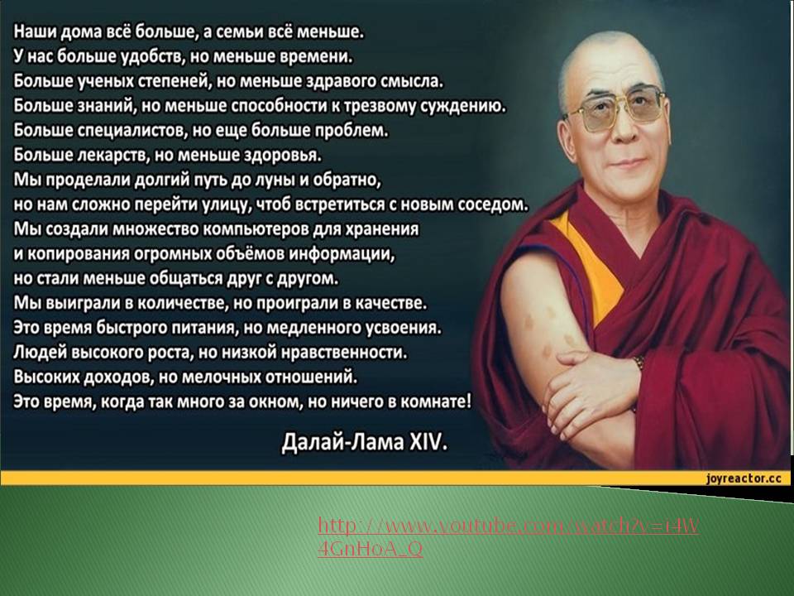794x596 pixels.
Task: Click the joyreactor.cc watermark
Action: pos(744,478)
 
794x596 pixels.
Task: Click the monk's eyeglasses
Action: pos(615,110)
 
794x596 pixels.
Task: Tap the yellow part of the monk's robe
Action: pos(592,263)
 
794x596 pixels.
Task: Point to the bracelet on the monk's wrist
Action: pos(640,363)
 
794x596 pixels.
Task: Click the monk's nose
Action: pos(626,129)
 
